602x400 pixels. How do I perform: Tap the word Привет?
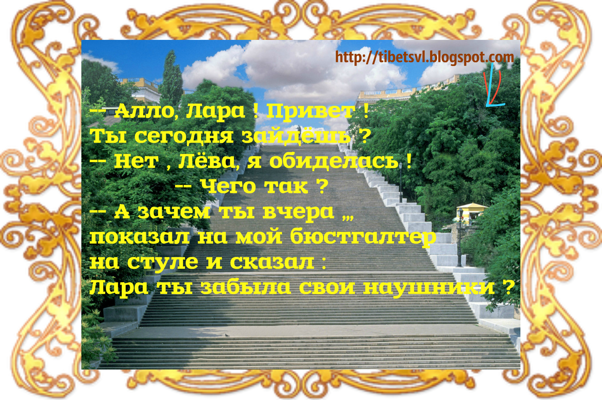pyautogui.click(x=311, y=111)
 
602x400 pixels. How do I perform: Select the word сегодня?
pyautogui.click(x=184, y=136)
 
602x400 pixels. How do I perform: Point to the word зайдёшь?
pyautogui.click(x=296, y=136)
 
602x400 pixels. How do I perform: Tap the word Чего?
pyautogui.click(x=228, y=186)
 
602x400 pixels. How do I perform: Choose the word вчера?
pyautogui.click(x=298, y=212)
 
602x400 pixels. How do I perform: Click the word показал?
pyautogui.click(x=139, y=237)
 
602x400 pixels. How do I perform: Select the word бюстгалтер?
pyautogui.click(x=363, y=237)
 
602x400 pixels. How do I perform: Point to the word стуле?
pyautogui.click(x=163, y=262)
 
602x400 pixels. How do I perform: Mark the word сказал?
pyautogui.click(x=272, y=262)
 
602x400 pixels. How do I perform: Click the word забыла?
pyautogui.click(x=245, y=287)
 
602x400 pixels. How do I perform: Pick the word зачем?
pyautogui.click(x=174, y=212)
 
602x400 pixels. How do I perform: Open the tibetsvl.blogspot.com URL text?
pyautogui.click(x=424, y=57)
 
